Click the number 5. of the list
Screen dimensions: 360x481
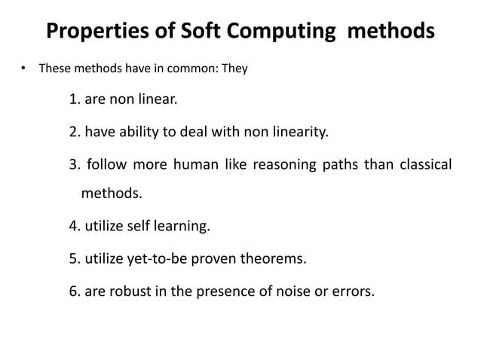pyautogui.click(x=74, y=259)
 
